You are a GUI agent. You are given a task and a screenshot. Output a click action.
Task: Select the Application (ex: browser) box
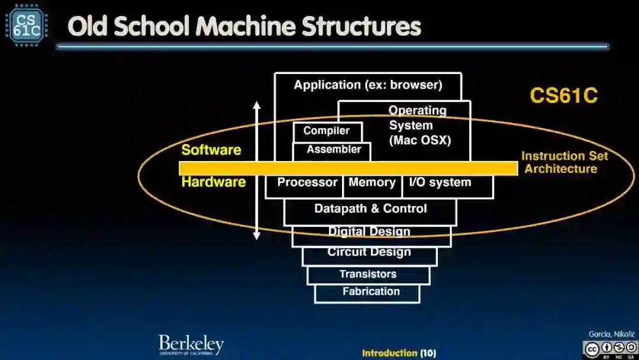[367, 85]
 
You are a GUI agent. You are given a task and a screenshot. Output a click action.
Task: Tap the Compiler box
[327, 131]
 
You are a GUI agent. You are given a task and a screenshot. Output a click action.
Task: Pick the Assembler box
[333, 150]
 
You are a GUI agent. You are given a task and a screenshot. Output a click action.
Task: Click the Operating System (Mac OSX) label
[419, 126]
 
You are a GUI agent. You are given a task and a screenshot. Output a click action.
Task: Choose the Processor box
[306, 183]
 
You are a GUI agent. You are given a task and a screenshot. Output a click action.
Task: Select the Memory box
[372, 183]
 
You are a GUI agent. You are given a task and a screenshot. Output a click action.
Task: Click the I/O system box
[440, 183]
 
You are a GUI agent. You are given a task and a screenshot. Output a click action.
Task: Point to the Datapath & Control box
[370, 209]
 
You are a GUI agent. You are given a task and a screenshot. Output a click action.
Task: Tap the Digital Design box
[370, 232]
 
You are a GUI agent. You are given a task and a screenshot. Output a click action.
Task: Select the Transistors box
[368, 275]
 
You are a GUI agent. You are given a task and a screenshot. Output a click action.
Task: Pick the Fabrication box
[370, 292]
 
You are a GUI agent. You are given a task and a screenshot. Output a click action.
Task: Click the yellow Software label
[211, 150]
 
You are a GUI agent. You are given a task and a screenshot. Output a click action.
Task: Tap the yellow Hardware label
[214, 182]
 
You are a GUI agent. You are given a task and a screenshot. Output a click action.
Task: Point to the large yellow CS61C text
[563, 95]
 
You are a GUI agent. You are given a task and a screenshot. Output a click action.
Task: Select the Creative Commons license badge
[609, 349]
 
